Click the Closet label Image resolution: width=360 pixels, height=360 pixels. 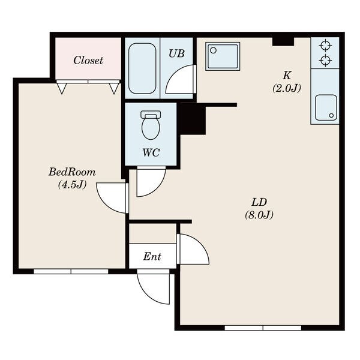[x=88, y=61]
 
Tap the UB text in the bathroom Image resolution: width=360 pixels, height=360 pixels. [x=176, y=53]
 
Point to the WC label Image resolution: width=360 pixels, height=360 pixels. [x=151, y=152]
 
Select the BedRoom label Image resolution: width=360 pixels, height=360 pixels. [x=72, y=172]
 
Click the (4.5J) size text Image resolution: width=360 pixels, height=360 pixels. [x=72, y=184]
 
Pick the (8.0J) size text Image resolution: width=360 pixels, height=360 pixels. [x=259, y=215]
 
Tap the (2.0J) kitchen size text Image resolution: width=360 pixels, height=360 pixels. [x=287, y=88]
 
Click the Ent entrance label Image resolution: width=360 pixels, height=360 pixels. [x=152, y=256]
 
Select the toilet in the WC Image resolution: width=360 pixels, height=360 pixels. [x=151, y=125]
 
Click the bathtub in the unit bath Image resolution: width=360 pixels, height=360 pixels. [x=142, y=68]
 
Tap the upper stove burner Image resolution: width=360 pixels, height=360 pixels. [x=325, y=46]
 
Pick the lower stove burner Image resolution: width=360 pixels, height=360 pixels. [x=325, y=61]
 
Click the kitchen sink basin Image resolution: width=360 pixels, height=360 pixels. [x=326, y=107]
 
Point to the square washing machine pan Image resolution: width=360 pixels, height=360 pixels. [x=223, y=56]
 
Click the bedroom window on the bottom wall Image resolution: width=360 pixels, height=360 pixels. [x=71, y=272]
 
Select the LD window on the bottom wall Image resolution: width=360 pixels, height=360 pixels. [x=263, y=328]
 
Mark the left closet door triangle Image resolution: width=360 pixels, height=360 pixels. [x=61, y=88]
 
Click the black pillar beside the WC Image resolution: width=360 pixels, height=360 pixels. [x=193, y=119]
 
